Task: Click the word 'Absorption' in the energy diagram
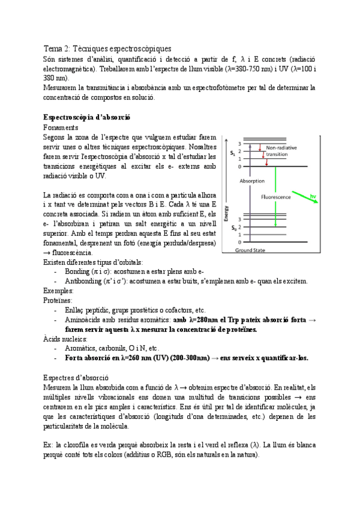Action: click(251, 181)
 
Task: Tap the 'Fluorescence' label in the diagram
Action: click(275, 196)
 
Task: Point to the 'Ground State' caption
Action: click(251, 250)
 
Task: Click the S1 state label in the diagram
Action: click(232, 154)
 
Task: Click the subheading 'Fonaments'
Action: click(61, 127)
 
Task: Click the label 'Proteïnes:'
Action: click(58, 300)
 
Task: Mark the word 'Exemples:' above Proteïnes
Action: click(59, 291)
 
